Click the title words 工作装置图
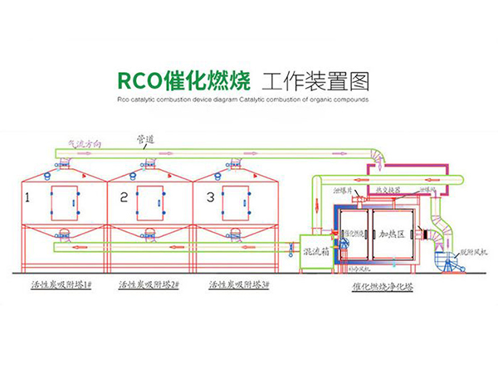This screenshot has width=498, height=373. (x=313, y=80)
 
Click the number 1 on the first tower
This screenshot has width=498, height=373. (x=27, y=198)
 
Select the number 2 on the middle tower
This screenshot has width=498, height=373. (x=123, y=198)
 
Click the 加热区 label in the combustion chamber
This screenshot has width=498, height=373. (x=392, y=235)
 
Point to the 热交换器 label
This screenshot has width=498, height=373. (x=387, y=190)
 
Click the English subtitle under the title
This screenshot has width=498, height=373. (x=248, y=99)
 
